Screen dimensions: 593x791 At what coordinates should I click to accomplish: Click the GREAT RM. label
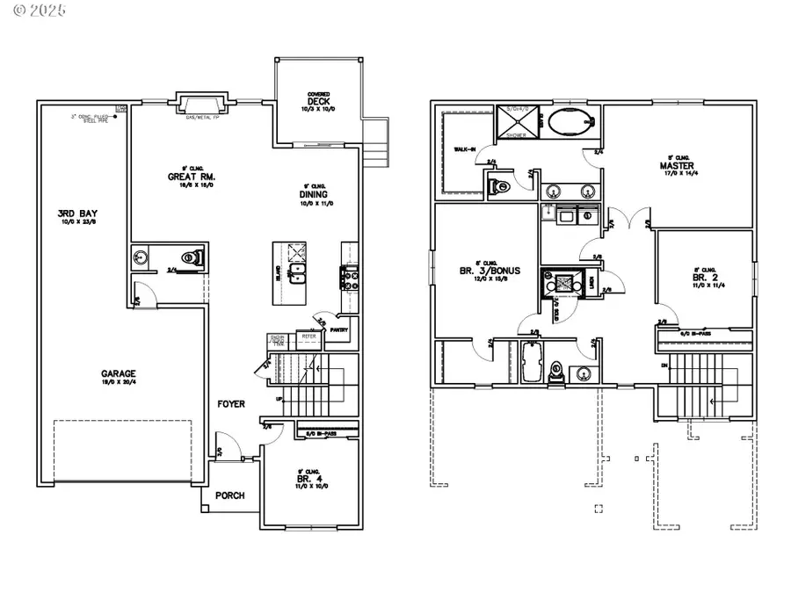186,177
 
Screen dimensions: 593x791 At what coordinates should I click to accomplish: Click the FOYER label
231,404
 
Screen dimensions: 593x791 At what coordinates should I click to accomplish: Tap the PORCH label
230,495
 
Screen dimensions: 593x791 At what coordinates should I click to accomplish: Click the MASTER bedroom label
677,166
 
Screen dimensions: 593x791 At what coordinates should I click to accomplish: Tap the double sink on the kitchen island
297,273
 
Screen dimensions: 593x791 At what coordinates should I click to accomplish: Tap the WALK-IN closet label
463,150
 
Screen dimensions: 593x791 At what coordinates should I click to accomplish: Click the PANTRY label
339,330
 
